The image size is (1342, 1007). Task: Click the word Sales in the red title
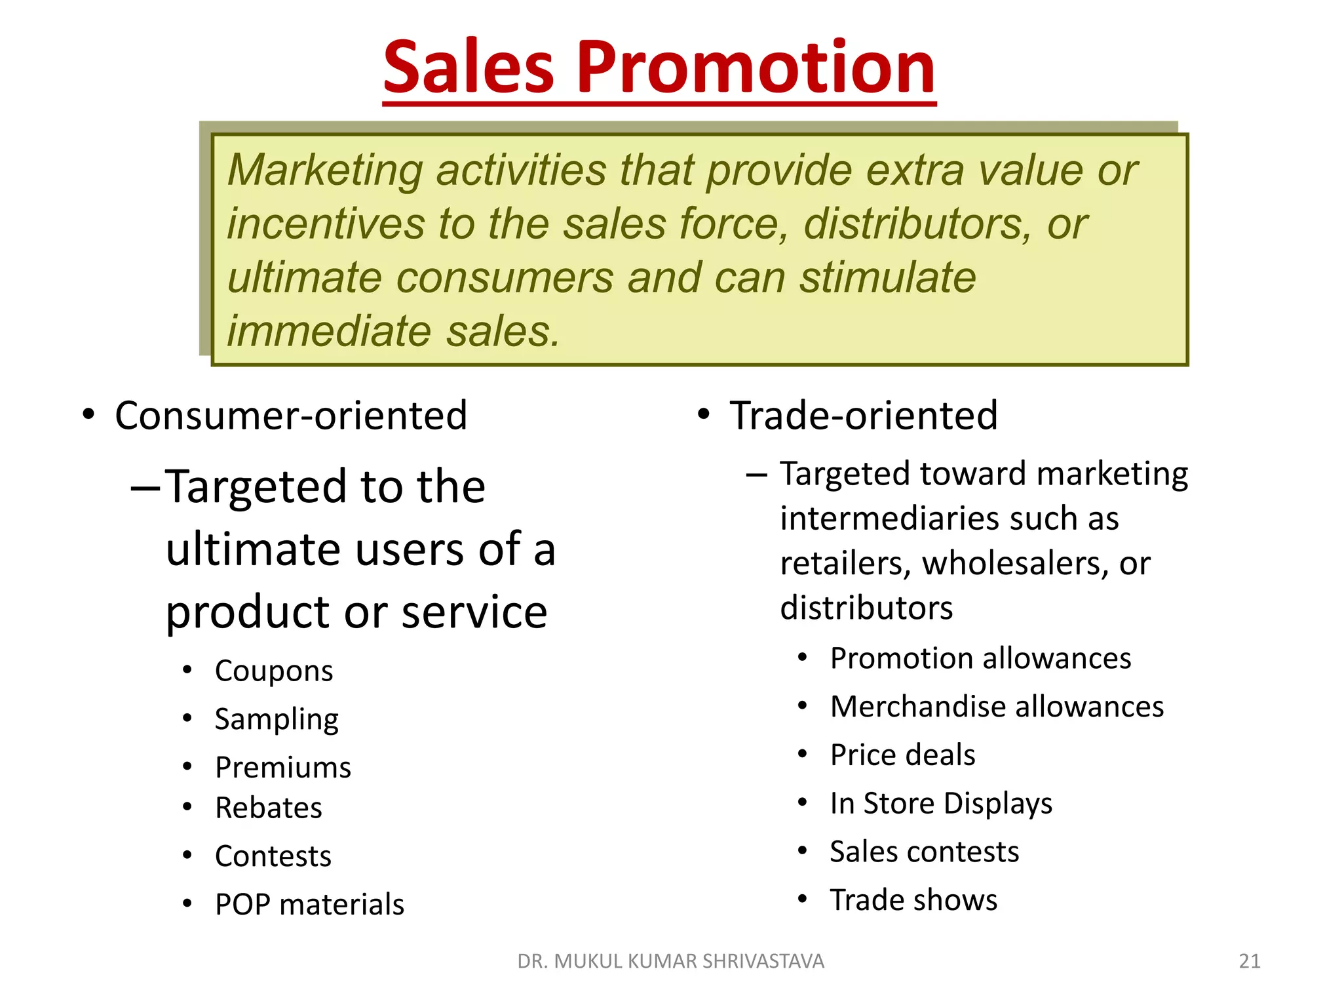click(469, 67)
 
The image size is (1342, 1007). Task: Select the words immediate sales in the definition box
click(393, 331)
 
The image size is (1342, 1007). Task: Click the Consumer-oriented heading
click(291, 416)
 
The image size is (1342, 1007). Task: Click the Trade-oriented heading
click(864, 416)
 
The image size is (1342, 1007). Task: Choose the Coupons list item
click(274, 671)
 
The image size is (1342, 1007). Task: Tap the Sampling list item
click(277, 719)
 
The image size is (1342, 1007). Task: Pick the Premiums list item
click(283, 768)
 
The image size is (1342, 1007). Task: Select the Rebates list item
click(269, 808)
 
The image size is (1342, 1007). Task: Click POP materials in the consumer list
click(309, 905)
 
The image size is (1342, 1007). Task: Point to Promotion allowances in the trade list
click(980, 658)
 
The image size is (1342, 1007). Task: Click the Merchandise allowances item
click(997, 707)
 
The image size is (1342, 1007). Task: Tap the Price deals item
click(902, 755)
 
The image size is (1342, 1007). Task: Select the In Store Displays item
click(941, 804)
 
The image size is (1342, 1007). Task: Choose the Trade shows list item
click(913, 900)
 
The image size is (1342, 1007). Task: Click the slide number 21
click(1250, 961)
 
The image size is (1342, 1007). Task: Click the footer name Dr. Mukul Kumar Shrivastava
click(670, 961)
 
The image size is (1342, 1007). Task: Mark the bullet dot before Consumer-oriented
click(88, 415)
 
